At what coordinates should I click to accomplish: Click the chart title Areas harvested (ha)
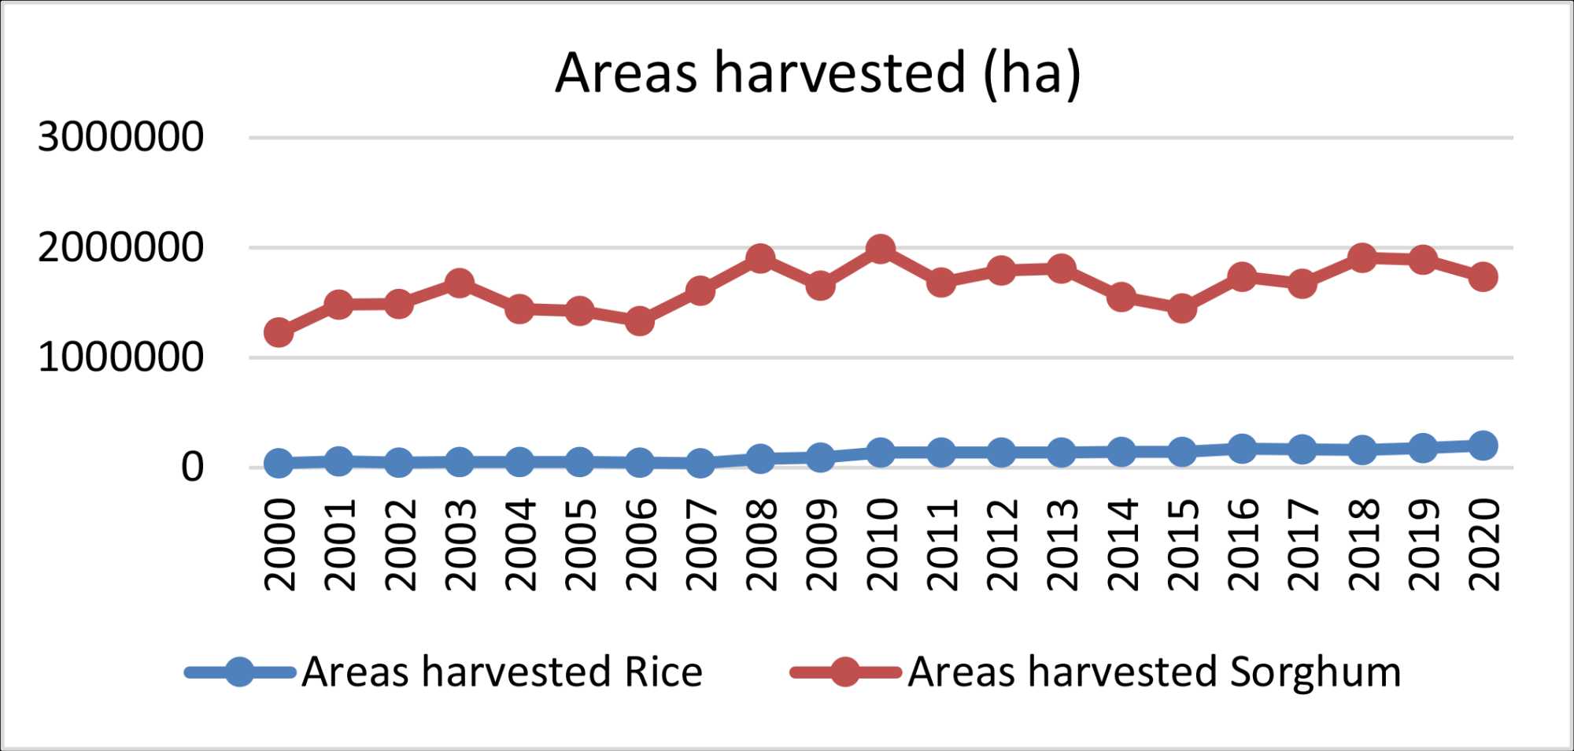pos(818,73)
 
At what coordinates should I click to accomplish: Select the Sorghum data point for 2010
pos(880,250)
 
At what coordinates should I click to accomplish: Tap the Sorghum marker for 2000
pos(279,332)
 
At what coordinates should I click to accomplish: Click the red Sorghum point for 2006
pos(639,320)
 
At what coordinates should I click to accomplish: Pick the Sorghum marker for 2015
pos(1181,308)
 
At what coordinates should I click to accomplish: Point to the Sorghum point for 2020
pos(1483,277)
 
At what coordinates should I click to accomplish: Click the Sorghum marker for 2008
pos(759,258)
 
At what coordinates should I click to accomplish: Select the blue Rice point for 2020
pos(1483,446)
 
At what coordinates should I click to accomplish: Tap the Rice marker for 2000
pos(279,463)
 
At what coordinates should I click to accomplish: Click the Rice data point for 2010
pos(880,453)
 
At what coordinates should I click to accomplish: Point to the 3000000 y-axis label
pos(120,138)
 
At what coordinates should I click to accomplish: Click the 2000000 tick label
pos(120,248)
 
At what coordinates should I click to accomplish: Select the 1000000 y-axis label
pos(120,358)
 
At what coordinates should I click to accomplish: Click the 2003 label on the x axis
pos(460,545)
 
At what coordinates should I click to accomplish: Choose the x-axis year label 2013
pos(1062,545)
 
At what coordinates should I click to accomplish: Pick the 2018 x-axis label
pos(1362,545)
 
